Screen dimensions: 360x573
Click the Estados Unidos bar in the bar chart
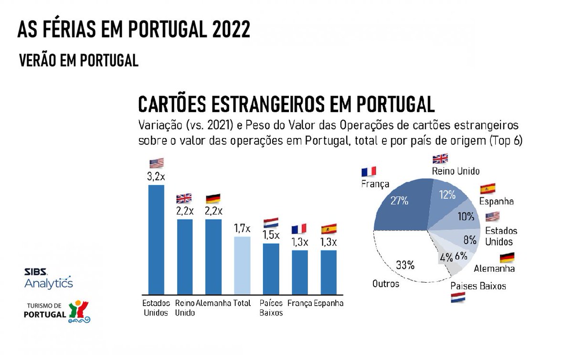(156, 239)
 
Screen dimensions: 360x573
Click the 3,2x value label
(156, 177)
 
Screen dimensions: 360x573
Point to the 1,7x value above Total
(242, 229)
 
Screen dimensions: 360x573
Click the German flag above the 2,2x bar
(213, 198)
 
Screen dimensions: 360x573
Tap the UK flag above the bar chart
(184, 198)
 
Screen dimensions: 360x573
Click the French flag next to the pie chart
(369, 171)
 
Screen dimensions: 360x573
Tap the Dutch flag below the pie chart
(459, 299)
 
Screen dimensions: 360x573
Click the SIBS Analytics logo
(48, 278)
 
